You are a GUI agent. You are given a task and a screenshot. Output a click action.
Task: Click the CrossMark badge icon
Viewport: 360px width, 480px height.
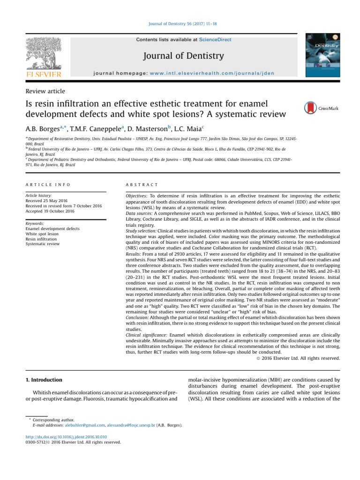coord(310,108)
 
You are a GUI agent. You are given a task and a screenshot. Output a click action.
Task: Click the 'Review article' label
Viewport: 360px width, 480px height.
coord(45,91)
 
